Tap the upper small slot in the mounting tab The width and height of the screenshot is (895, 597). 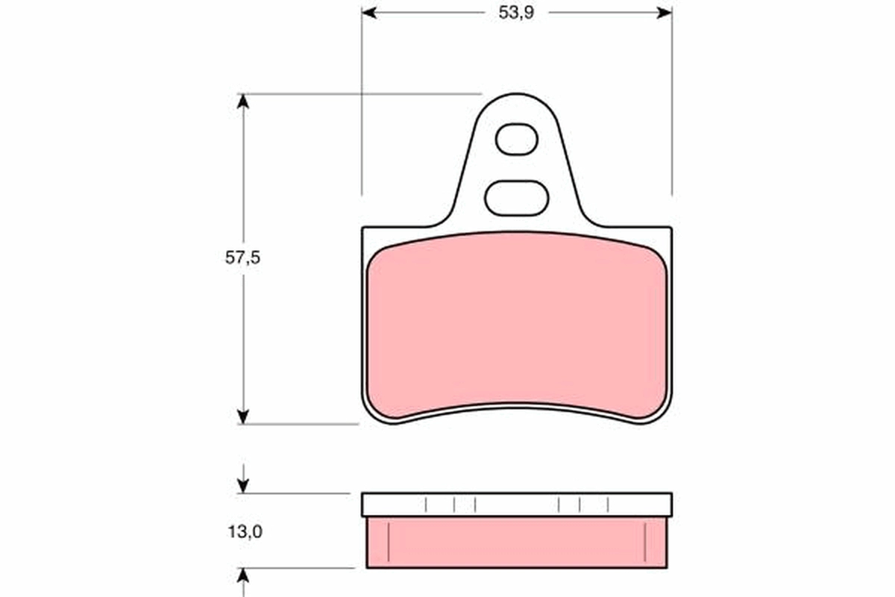(516, 140)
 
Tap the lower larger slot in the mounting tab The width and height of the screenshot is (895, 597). (516, 198)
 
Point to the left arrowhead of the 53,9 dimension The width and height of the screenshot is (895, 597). (368, 13)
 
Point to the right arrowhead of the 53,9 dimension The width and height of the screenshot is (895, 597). (665, 13)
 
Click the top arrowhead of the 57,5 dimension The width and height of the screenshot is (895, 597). (242, 101)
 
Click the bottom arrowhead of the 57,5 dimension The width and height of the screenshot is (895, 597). (242, 416)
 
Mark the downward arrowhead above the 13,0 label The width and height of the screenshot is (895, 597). (242, 487)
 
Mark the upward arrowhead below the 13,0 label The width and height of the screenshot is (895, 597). (242, 574)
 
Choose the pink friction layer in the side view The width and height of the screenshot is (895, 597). (516, 543)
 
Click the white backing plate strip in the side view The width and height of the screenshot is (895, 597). (516, 504)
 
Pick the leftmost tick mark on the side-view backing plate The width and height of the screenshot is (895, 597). (426, 505)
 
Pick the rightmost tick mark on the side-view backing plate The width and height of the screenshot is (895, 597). (608, 505)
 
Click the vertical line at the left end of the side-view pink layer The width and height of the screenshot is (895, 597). (389, 542)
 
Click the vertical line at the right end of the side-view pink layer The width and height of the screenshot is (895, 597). (644, 542)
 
